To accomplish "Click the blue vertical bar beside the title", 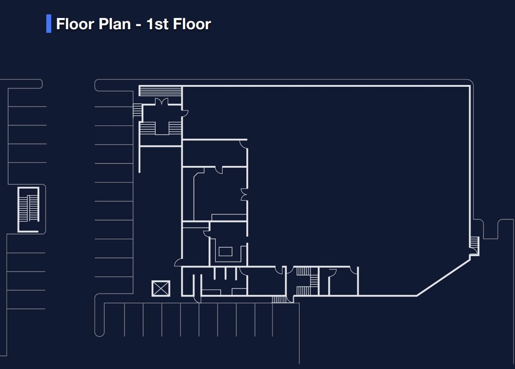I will click(49, 24).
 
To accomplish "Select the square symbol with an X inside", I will click(161, 289).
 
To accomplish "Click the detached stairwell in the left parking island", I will click(28, 209).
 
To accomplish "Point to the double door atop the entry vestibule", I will click(161, 102).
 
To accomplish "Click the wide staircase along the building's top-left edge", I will click(160, 91).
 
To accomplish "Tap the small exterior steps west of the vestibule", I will click(138, 111).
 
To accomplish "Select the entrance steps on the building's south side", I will click(279, 299).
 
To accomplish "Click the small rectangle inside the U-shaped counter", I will click(225, 252).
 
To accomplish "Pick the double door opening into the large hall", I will click(244, 195).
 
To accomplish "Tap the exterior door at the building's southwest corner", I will click(178, 262).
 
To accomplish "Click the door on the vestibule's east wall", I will click(185, 113).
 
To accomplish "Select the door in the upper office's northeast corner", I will click(243, 143).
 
